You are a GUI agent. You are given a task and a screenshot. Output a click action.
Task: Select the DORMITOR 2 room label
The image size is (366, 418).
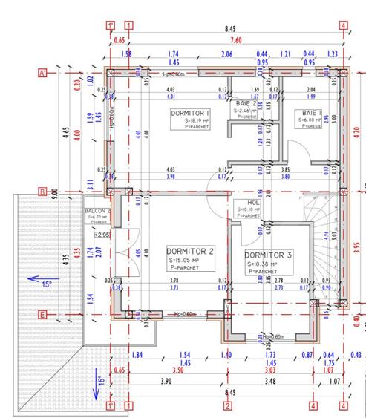click(x=189, y=251)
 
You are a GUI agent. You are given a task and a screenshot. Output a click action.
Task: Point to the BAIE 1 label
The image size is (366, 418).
click(x=310, y=111)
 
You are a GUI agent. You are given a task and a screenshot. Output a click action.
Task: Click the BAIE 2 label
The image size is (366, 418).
click(x=246, y=103)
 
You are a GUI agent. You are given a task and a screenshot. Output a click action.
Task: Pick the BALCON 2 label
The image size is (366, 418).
click(x=98, y=211)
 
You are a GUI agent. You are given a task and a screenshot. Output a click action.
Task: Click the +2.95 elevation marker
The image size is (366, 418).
click(x=102, y=235)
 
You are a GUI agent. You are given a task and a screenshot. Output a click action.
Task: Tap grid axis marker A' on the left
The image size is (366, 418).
click(x=43, y=73)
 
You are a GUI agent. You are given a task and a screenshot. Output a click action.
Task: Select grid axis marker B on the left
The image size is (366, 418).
click(x=42, y=192)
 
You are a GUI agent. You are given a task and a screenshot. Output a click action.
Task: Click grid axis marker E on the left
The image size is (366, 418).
click(x=42, y=315)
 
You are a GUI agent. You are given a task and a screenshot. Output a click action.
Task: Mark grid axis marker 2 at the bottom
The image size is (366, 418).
click(x=228, y=406)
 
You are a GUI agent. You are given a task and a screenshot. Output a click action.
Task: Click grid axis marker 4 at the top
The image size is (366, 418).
click(x=343, y=26)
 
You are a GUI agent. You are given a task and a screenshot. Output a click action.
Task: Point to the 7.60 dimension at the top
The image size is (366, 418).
click(x=236, y=40)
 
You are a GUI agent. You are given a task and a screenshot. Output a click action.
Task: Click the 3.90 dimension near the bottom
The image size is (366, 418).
click(x=166, y=382)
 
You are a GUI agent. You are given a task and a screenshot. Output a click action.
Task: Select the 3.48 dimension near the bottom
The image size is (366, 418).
click(x=270, y=382)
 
